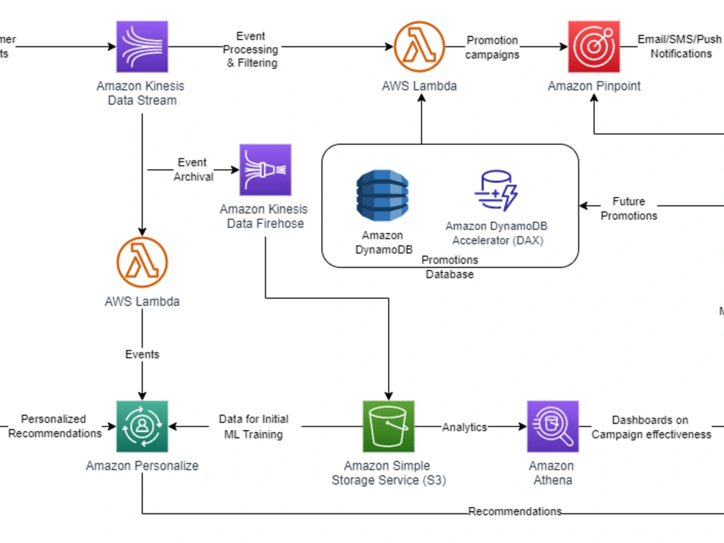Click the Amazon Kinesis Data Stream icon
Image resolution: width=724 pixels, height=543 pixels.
pyautogui.click(x=142, y=46)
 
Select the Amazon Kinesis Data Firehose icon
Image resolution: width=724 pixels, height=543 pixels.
pyautogui.click(x=265, y=170)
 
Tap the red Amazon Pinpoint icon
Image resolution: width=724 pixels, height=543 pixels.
pyautogui.click(x=594, y=46)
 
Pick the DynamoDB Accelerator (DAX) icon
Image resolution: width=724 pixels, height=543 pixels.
pyautogui.click(x=496, y=191)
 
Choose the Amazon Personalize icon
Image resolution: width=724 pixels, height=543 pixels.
pyautogui.click(x=142, y=426)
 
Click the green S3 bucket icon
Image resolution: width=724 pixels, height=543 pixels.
pyautogui.click(x=388, y=426)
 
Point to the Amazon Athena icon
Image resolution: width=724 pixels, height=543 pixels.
pyautogui.click(x=552, y=426)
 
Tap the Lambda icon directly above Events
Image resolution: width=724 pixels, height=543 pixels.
pyautogui.click(x=142, y=262)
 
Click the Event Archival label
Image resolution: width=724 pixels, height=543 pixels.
pyautogui.click(x=193, y=169)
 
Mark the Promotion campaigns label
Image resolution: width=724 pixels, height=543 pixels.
pyautogui.click(x=492, y=47)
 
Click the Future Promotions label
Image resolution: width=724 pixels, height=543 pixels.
pyautogui.click(x=628, y=209)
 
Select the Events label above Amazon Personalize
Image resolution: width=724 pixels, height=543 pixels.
pyautogui.click(x=142, y=354)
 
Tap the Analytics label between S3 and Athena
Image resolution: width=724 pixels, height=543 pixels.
pyautogui.click(x=465, y=427)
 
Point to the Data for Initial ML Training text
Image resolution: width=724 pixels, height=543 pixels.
pyautogui.click(x=253, y=426)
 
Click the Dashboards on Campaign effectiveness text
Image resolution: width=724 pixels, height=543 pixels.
pyautogui.click(x=651, y=426)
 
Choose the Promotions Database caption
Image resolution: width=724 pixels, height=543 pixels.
pyautogui.click(x=450, y=266)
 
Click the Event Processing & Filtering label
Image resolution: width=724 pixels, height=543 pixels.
pyautogui.click(x=251, y=49)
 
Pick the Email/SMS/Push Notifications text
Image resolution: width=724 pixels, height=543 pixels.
pyautogui.click(x=679, y=46)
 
